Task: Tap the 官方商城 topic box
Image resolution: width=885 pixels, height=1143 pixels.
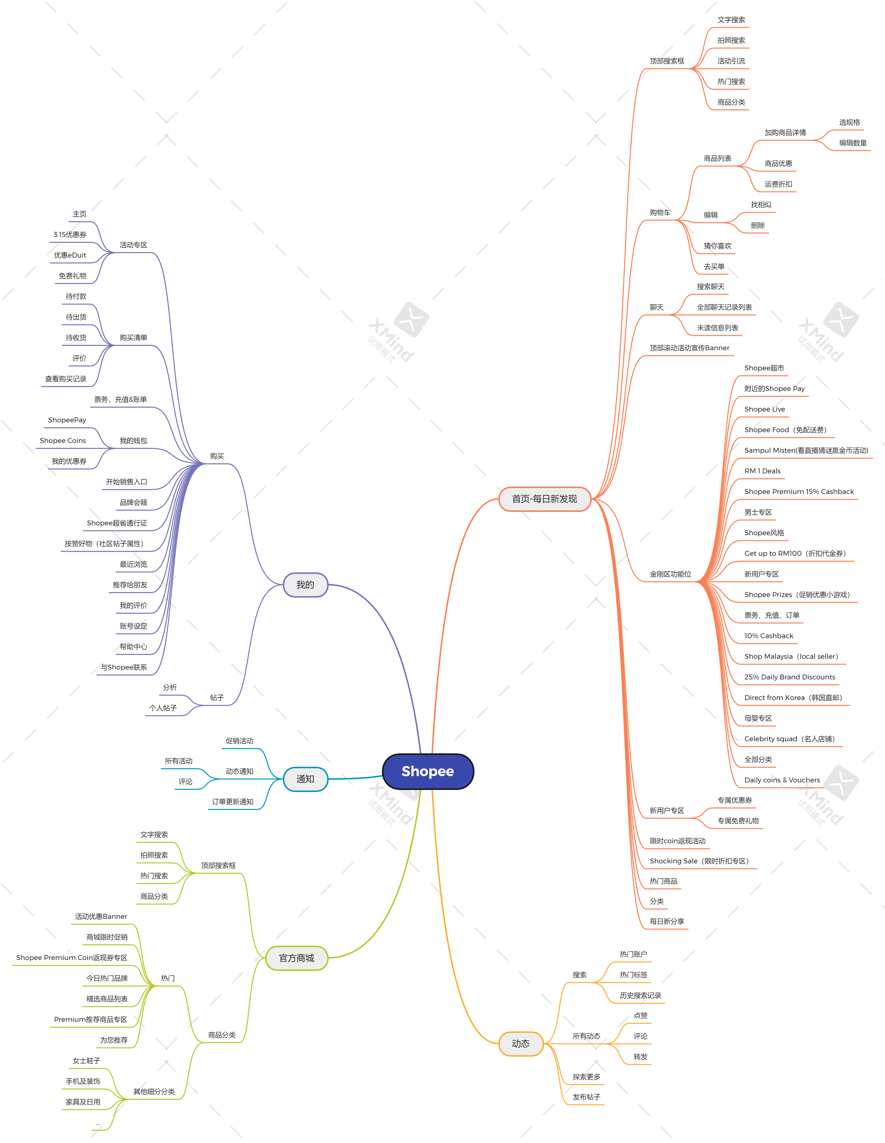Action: point(296,958)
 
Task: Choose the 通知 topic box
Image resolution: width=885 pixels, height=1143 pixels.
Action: point(305,779)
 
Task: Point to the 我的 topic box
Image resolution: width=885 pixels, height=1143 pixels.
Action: point(305,584)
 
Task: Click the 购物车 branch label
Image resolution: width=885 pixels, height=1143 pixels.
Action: point(660,212)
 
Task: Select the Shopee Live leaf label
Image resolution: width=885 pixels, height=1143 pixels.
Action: point(764,409)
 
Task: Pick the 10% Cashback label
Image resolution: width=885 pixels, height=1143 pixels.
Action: point(768,636)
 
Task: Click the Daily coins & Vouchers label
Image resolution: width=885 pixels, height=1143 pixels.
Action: point(782,780)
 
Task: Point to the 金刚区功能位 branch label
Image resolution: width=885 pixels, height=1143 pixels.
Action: point(670,574)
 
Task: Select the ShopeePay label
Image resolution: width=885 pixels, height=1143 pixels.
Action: point(67,420)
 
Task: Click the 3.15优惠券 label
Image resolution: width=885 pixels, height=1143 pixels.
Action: point(70,234)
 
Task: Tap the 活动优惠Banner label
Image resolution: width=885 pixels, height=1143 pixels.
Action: point(101,916)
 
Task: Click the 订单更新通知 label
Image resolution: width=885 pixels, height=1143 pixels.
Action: point(232,802)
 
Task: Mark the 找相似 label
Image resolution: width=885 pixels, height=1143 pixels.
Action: point(761,205)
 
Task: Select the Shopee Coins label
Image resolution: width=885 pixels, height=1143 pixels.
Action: point(63,441)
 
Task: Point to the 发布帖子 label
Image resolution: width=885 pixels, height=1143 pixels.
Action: point(586,1097)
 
